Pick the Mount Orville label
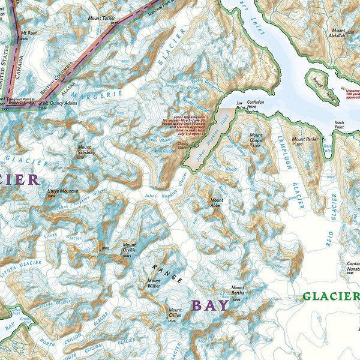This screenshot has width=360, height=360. [x=129, y=247]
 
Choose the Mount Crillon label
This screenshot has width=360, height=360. [x=175, y=313]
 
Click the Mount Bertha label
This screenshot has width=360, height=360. [x=238, y=290]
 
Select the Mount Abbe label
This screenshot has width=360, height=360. [x=217, y=202]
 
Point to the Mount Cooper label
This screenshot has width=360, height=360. [x=256, y=137]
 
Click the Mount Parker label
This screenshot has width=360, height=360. [x=305, y=139]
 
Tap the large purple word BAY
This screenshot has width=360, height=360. [x=210, y=305]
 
